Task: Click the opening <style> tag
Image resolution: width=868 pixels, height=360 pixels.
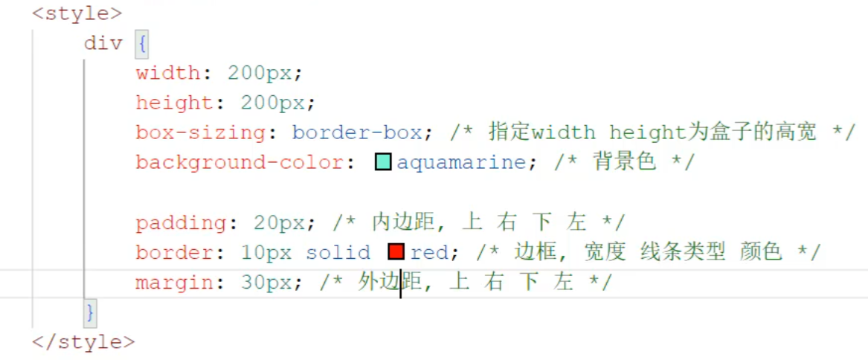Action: [77, 13]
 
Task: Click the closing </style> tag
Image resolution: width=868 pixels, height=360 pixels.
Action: [83, 341]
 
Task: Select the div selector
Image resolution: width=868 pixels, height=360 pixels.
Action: [103, 43]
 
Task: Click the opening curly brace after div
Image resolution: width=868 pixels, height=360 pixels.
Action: [142, 43]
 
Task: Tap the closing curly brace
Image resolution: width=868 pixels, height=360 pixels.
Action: [90, 312]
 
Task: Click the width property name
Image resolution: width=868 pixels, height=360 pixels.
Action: [167, 73]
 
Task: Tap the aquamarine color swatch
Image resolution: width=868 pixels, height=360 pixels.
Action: [383, 162]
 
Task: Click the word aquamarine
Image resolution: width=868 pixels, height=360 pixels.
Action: [460, 162]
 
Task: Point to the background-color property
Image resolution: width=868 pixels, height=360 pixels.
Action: [239, 162]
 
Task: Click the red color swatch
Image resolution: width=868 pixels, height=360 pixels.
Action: [396, 252]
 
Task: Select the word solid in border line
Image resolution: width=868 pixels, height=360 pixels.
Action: [338, 252]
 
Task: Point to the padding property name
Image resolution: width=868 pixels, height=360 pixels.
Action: [181, 222]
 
